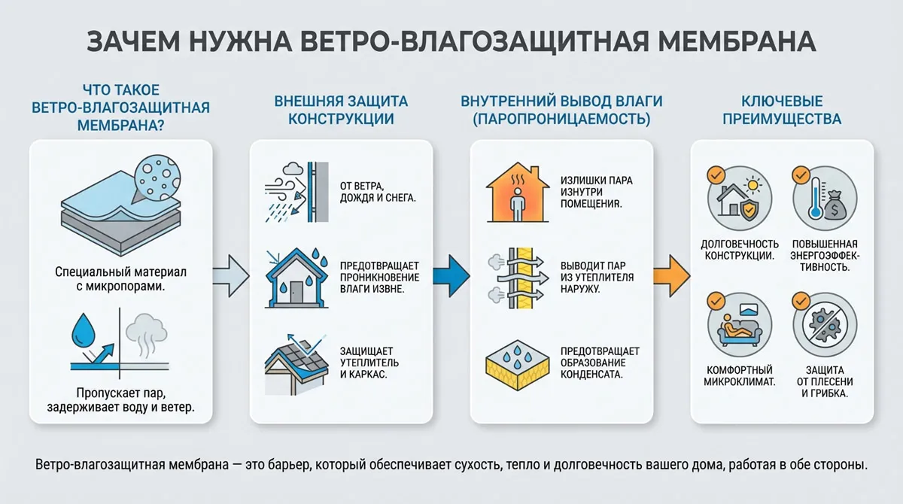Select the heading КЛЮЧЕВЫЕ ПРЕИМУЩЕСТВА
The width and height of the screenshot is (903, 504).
[x=782, y=110]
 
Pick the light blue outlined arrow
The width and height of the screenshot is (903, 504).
[x=230, y=271]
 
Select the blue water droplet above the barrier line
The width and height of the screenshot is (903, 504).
[x=82, y=328]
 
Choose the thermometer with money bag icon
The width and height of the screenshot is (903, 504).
[x=820, y=197]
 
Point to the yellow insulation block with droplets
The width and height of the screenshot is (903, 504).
[x=515, y=363]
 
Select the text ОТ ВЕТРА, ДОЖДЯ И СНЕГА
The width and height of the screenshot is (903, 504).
[x=376, y=191]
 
